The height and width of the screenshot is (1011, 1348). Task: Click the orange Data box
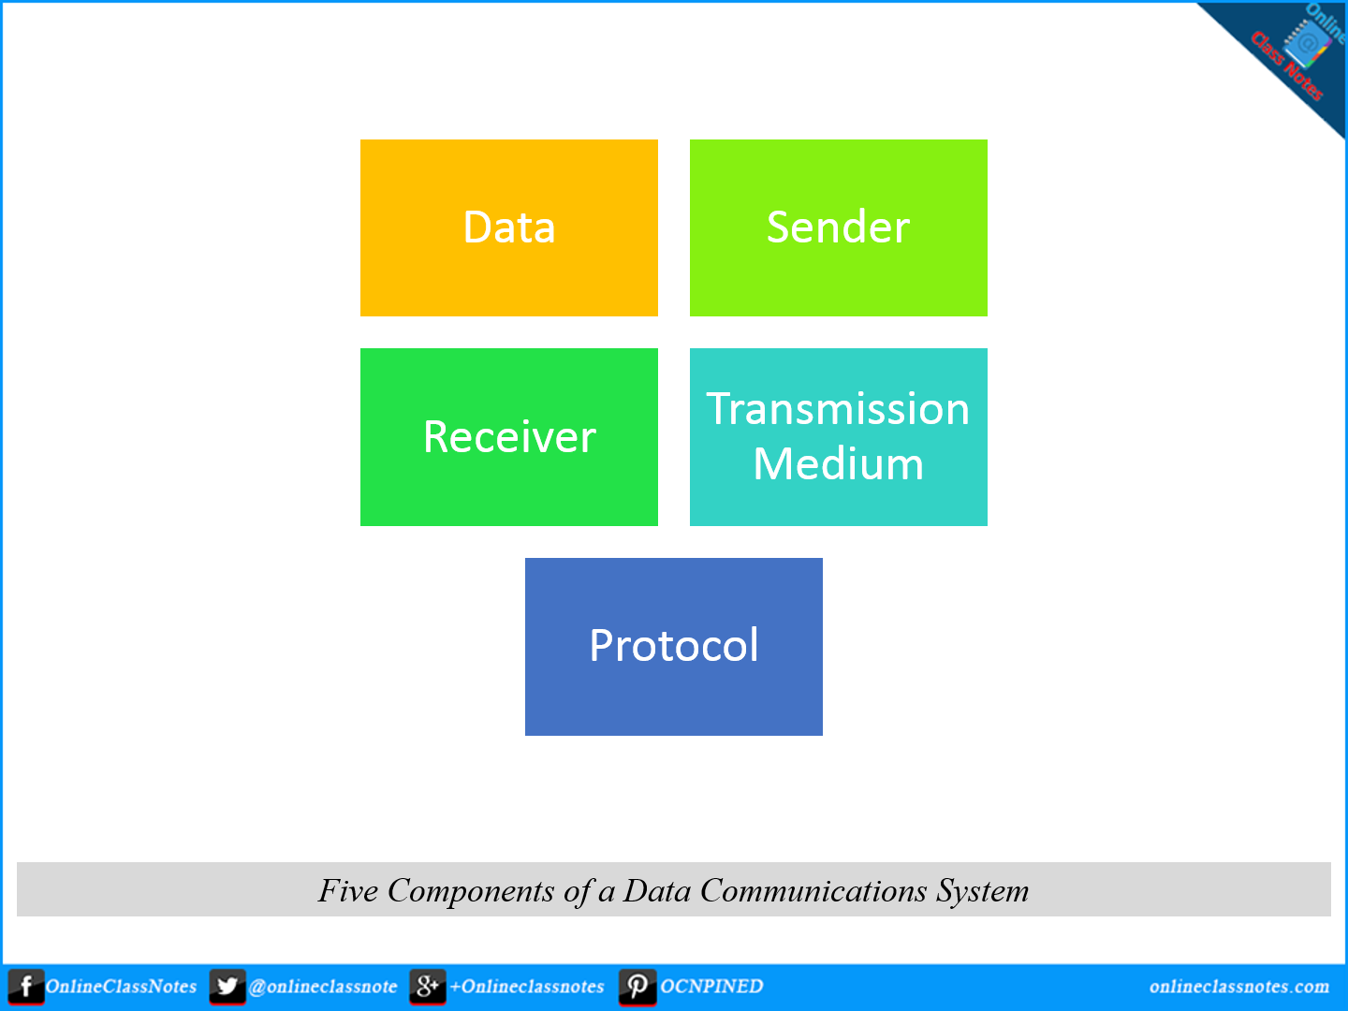pyautogui.click(x=508, y=227)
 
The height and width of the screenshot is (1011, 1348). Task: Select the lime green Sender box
pyautogui.click(x=838, y=227)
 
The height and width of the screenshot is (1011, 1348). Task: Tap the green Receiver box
pyautogui.click(x=508, y=437)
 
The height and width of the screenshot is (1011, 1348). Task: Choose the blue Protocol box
pyautogui.click(x=673, y=646)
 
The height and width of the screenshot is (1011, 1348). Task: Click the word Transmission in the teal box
pyautogui.click(x=838, y=409)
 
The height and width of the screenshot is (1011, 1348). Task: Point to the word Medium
pyautogui.click(x=838, y=464)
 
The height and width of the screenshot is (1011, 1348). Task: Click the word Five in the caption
pyautogui.click(x=348, y=890)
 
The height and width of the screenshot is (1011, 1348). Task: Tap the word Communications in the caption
pyautogui.click(x=813, y=890)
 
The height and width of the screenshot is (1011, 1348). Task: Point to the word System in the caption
pyautogui.click(x=983, y=890)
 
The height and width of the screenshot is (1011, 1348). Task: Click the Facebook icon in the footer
pyautogui.click(x=26, y=987)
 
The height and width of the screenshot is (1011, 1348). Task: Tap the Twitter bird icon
pyautogui.click(x=227, y=987)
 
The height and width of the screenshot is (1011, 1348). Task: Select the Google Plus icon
pyautogui.click(x=427, y=987)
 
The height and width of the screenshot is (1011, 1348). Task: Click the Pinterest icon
pyautogui.click(x=637, y=987)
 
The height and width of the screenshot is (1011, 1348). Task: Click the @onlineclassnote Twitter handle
pyautogui.click(x=323, y=987)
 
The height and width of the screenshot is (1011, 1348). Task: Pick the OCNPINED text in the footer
pyautogui.click(x=711, y=987)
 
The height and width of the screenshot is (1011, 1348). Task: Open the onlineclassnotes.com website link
pyautogui.click(x=1238, y=987)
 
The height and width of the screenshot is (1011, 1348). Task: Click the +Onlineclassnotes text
pyautogui.click(x=527, y=987)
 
